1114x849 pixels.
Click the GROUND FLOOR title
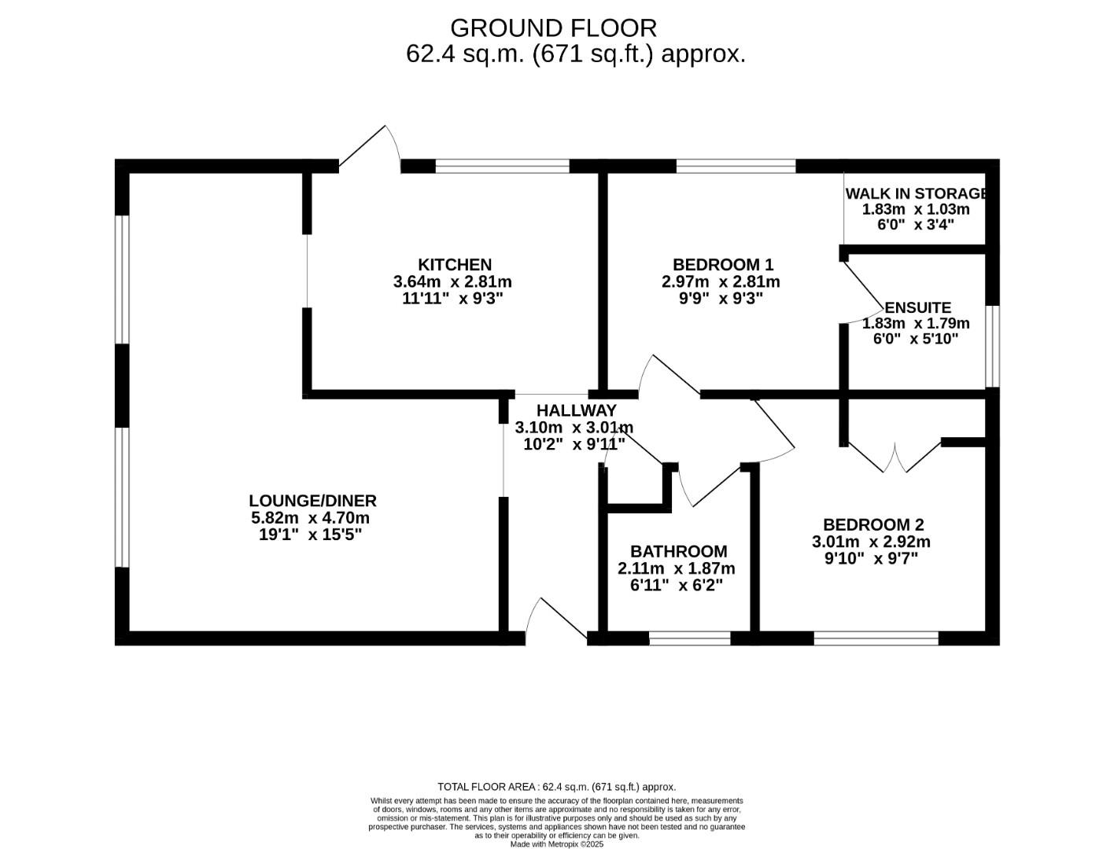tap(553, 28)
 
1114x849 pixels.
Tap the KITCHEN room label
tap(454, 265)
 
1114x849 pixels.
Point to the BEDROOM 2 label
tap(872, 524)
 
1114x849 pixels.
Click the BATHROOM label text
tap(678, 551)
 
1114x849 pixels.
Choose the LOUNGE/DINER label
tap(312, 500)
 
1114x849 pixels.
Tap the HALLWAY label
tap(576, 410)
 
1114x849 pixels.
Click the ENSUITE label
tap(917, 307)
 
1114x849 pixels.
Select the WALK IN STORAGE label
tap(916, 193)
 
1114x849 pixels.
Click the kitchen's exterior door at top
tap(370, 149)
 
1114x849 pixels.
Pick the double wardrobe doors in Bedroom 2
tap(895, 458)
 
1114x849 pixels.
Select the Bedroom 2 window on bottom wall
tap(876, 638)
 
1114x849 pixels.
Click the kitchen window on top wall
tap(502, 166)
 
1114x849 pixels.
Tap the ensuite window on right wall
tap(993, 346)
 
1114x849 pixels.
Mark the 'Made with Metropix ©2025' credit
tap(556, 844)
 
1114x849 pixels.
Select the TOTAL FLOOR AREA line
tap(556, 787)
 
